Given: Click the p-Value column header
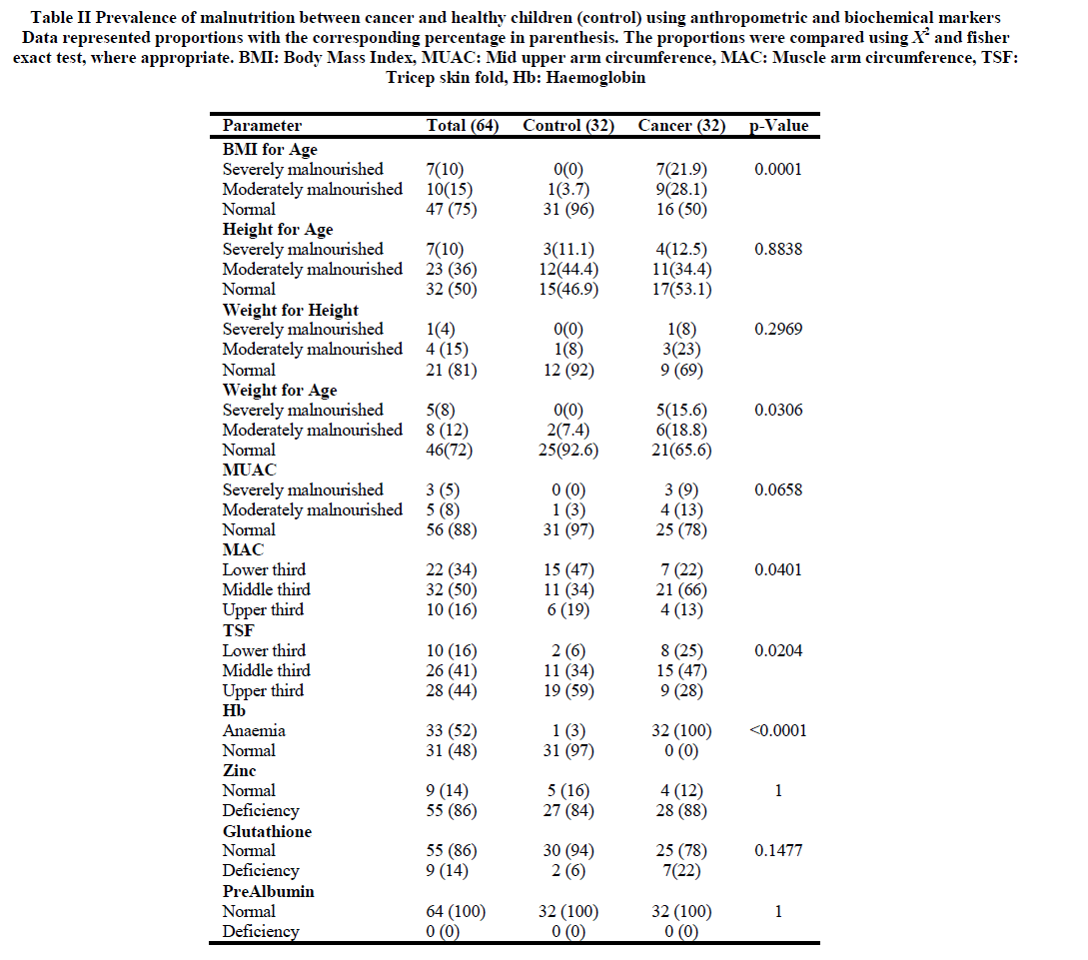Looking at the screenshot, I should click(778, 126).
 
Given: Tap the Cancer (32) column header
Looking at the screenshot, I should click(682, 126).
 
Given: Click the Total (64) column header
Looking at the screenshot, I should click(462, 126).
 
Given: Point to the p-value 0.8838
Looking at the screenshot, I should click(778, 249).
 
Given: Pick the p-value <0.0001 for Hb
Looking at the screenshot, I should click(778, 730).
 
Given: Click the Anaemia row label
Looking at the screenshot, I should click(254, 730).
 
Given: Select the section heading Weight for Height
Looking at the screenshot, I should click(291, 310).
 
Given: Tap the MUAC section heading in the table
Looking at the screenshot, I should click(250, 470).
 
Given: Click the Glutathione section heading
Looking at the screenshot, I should click(267, 831).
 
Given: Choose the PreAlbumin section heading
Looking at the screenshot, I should click(268, 891).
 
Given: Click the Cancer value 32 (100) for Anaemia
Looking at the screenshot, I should click(682, 730).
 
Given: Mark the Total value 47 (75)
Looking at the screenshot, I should click(452, 209).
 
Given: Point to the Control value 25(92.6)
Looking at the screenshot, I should click(568, 450).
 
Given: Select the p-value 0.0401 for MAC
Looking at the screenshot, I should click(778, 570).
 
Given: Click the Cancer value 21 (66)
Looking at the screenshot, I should click(682, 590).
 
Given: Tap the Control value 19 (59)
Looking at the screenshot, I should click(568, 690).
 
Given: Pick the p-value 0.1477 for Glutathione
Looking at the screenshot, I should click(778, 851).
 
